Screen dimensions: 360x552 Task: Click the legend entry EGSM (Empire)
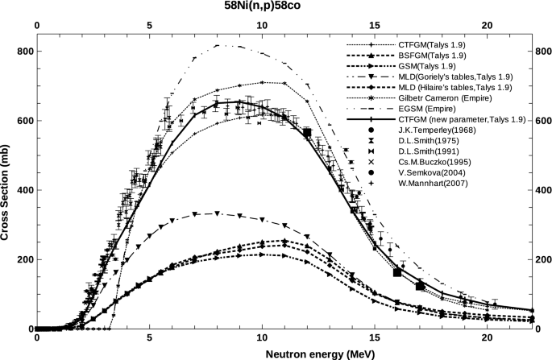coord(426,108)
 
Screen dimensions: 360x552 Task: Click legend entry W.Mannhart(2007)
coord(436,184)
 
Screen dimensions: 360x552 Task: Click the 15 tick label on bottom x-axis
coord(374,339)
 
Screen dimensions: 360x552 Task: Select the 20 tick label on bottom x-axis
coord(487,339)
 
